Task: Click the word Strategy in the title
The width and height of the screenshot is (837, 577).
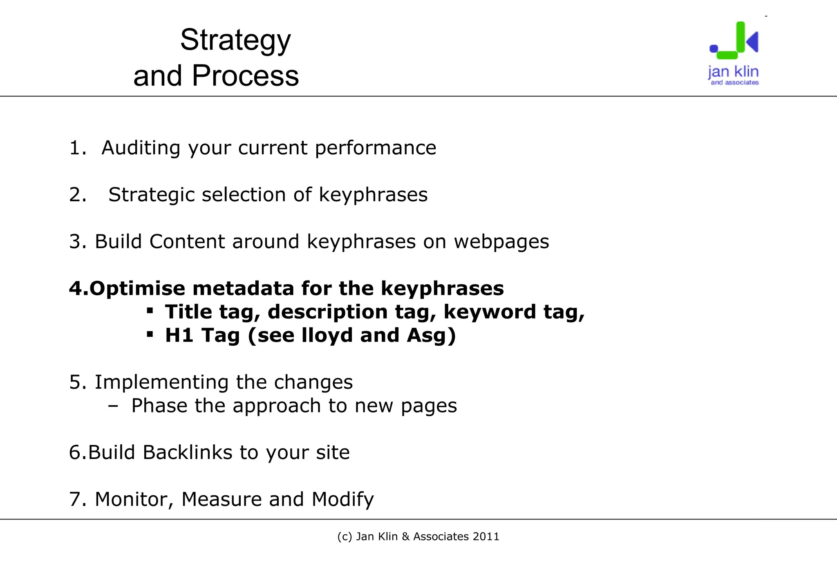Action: (235, 41)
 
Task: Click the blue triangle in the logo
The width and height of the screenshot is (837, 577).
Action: (753, 41)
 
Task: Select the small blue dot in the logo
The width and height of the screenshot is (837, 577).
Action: (714, 49)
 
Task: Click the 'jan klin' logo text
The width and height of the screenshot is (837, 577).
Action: (733, 72)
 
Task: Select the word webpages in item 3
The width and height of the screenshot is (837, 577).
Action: (501, 241)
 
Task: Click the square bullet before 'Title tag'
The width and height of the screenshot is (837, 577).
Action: (150, 311)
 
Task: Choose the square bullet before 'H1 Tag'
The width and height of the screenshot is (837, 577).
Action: (150, 334)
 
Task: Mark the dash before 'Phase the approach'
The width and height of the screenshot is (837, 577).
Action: (113, 406)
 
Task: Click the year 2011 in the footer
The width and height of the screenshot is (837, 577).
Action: (486, 537)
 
